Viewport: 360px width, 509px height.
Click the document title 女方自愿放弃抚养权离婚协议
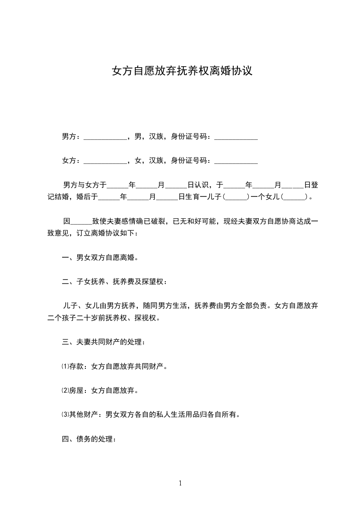coord(182,71)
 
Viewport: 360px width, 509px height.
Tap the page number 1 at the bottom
coord(180,483)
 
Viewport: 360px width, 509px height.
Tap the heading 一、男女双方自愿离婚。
coord(100,258)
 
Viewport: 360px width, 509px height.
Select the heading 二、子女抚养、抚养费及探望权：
coord(114,282)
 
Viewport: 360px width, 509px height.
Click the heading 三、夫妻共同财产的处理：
coord(104,342)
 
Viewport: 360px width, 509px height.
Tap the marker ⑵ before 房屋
coord(64,390)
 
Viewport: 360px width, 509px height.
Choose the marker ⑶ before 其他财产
coord(64,414)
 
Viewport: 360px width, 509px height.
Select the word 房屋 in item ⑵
coord(76,390)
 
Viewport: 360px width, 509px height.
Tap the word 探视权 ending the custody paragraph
coord(146,318)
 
